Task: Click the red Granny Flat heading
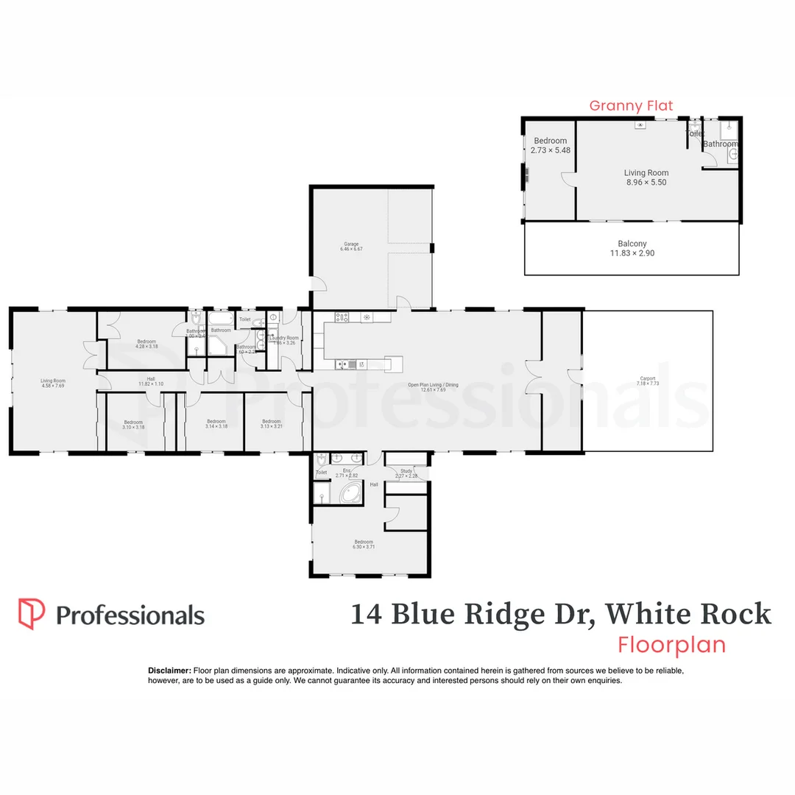click(x=631, y=106)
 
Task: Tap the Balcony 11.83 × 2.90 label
click(x=632, y=248)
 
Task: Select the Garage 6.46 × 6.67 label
click(x=351, y=247)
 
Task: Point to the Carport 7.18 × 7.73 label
click(x=648, y=381)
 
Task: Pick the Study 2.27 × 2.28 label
click(x=406, y=473)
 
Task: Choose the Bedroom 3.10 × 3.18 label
click(x=133, y=424)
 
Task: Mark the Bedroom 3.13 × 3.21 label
click(x=272, y=424)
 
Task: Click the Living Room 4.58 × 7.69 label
click(x=53, y=383)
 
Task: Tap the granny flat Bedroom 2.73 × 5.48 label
click(x=551, y=145)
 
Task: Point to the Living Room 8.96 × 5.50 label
click(x=646, y=177)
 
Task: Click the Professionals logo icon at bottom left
click(x=32, y=614)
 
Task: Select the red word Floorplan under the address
click(x=671, y=645)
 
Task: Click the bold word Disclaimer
click(x=170, y=671)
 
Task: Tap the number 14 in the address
click(x=366, y=613)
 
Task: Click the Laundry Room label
click(x=284, y=340)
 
